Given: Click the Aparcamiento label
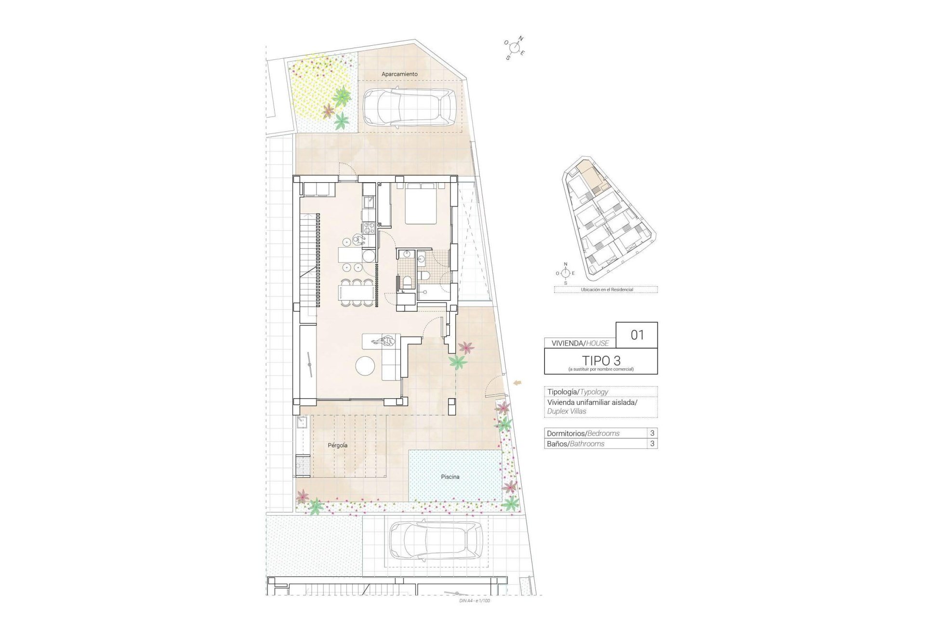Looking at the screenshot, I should (399, 74).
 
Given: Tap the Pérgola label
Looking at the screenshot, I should (337, 445).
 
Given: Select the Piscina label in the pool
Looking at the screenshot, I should (450, 477).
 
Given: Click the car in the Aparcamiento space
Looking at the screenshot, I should (409, 107).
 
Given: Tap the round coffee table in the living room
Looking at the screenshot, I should (365, 366).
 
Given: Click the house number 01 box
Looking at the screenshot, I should (637, 335).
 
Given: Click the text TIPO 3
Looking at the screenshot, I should (601, 360).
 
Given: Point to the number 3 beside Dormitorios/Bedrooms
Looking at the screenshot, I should (652, 433).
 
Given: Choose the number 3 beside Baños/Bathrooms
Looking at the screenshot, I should (652, 443).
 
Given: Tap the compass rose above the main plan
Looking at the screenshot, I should (515, 48).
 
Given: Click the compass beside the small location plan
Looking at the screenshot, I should (566, 273).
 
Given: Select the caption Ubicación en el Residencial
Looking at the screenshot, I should (606, 290).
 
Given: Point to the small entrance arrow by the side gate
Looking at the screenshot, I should (518, 383).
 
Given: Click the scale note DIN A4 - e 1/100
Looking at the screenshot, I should (475, 601).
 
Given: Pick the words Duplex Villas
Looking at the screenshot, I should (567, 411).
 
